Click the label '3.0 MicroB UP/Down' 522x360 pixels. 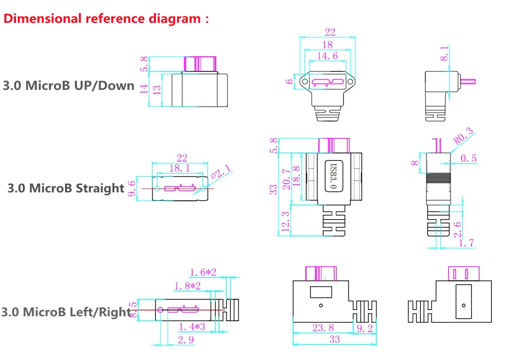click(69, 86)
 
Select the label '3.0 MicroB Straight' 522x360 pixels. click(66, 188)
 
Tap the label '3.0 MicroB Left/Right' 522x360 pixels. click(66, 311)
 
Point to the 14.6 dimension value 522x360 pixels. click(327, 56)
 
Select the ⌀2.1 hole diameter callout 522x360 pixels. click(221, 173)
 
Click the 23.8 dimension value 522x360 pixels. click(323, 328)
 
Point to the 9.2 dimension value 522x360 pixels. click(364, 328)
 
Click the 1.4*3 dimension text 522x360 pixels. click(192, 327)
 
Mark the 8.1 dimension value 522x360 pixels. click(444, 53)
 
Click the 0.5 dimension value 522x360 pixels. click(469, 158)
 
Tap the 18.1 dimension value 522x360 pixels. click(179, 168)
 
